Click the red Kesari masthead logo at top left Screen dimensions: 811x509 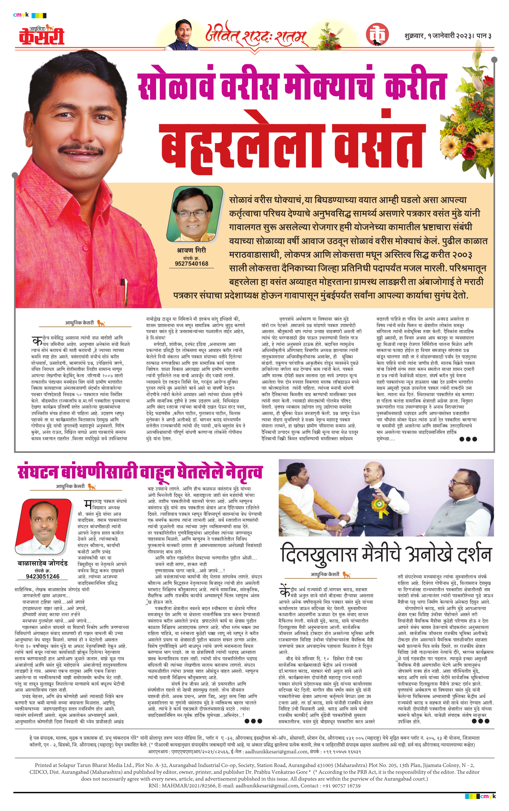[x=42, y=35]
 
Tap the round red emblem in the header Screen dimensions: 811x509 [x=377, y=35]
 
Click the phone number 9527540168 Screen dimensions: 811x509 [x=192, y=264]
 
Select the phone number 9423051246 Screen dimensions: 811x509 [x=43, y=576]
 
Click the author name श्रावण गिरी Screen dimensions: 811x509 [x=192, y=251]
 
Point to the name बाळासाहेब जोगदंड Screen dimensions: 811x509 [x=43, y=563]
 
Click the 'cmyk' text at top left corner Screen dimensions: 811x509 [x=21, y=15]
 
